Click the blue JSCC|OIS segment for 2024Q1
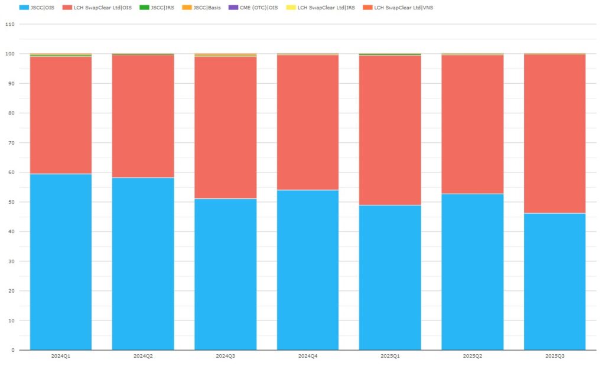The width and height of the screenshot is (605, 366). coord(61,262)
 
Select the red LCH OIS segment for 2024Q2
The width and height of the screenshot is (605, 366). coord(143,116)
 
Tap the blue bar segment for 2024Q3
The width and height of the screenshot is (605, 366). coord(225,274)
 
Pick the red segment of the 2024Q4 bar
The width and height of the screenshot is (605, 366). coord(307,122)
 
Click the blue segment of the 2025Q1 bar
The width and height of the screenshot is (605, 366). coord(390,277)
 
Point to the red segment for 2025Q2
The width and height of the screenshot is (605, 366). coord(472,124)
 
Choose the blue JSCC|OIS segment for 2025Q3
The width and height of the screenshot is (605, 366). coord(554,281)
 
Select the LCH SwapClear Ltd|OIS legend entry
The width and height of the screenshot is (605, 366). coord(98,7)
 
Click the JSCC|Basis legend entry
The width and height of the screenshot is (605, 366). coord(207,7)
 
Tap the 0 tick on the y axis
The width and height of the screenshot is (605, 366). coord(12,350)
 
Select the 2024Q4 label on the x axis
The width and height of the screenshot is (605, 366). coord(307,356)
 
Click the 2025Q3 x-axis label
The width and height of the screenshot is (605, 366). coord(554,356)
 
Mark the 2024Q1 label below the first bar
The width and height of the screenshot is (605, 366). coord(61,356)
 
